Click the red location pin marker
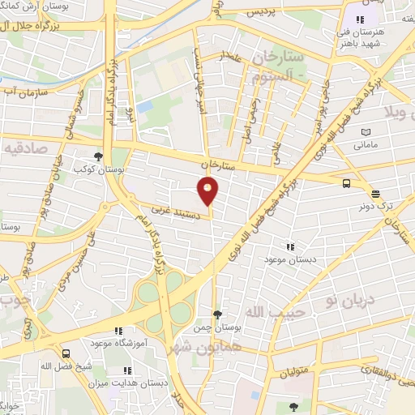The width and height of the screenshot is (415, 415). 208,191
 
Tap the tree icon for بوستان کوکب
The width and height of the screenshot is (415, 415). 98,157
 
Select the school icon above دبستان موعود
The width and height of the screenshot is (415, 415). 290,246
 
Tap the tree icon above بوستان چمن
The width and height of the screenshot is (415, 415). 216,314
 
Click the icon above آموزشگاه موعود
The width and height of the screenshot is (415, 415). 119,331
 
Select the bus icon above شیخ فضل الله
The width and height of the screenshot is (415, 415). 65,353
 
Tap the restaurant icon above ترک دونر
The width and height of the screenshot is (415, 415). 375,194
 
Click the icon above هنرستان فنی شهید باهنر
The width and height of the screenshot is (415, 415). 361,19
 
